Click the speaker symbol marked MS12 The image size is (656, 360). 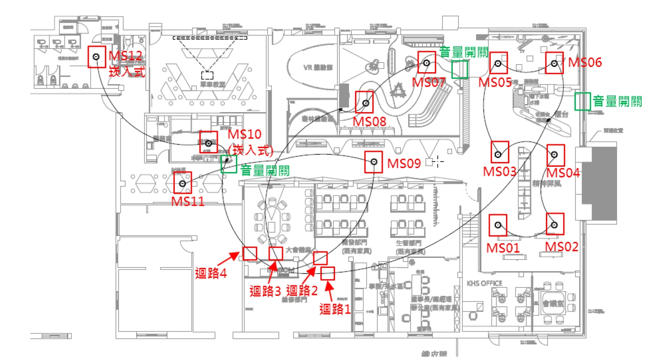point(96,57)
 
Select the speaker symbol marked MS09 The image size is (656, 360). point(374,162)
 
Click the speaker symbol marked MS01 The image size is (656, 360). point(498,225)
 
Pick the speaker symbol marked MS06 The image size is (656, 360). point(554,63)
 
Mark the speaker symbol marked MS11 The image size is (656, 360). point(182,183)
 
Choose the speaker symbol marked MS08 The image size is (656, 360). point(365,103)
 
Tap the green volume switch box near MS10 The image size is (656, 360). point(229,164)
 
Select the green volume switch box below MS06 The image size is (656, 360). point(582,101)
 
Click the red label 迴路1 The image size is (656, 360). point(335,310)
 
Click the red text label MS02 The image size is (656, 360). point(562,247)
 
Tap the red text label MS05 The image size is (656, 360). point(495,82)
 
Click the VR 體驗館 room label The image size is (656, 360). point(319,67)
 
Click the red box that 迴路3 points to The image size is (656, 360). point(276,254)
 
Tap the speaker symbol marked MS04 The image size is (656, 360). point(554,154)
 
